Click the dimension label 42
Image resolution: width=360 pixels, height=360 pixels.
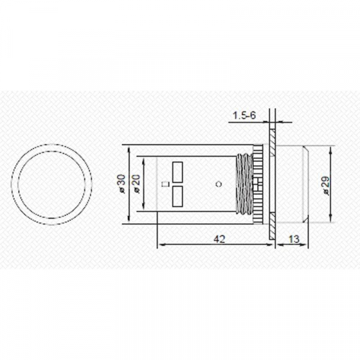coord(219,239)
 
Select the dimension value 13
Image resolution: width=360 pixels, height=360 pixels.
coord(294,239)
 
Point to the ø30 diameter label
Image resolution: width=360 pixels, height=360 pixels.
coord(122,183)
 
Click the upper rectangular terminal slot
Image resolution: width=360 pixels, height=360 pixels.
coord(178,171)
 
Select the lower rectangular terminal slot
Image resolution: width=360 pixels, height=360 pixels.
coord(178,196)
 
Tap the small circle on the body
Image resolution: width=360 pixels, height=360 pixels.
coord(218,184)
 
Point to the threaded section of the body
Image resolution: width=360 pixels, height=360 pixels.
coord(244,184)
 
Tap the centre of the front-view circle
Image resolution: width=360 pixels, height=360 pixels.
coord(52,184)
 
